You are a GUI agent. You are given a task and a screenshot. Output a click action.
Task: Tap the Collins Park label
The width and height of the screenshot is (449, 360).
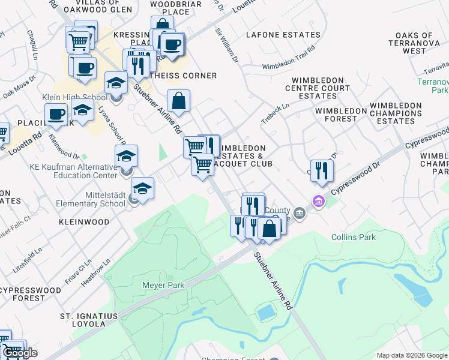[x=354, y=237]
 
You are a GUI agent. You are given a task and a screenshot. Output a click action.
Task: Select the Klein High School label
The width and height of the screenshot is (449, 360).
[x=66, y=97]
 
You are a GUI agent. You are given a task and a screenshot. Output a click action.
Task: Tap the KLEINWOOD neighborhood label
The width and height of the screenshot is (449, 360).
[x=84, y=222]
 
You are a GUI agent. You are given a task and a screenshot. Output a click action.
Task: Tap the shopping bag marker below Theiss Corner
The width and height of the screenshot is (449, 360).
[x=179, y=101]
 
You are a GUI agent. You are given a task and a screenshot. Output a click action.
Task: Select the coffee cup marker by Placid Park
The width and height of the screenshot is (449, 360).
[x=56, y=113]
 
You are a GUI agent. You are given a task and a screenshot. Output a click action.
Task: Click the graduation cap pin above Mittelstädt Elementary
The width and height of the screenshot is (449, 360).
[x=126, y=157]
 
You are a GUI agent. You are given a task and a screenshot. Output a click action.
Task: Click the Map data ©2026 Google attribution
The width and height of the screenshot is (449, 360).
[x=412, y=355]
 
